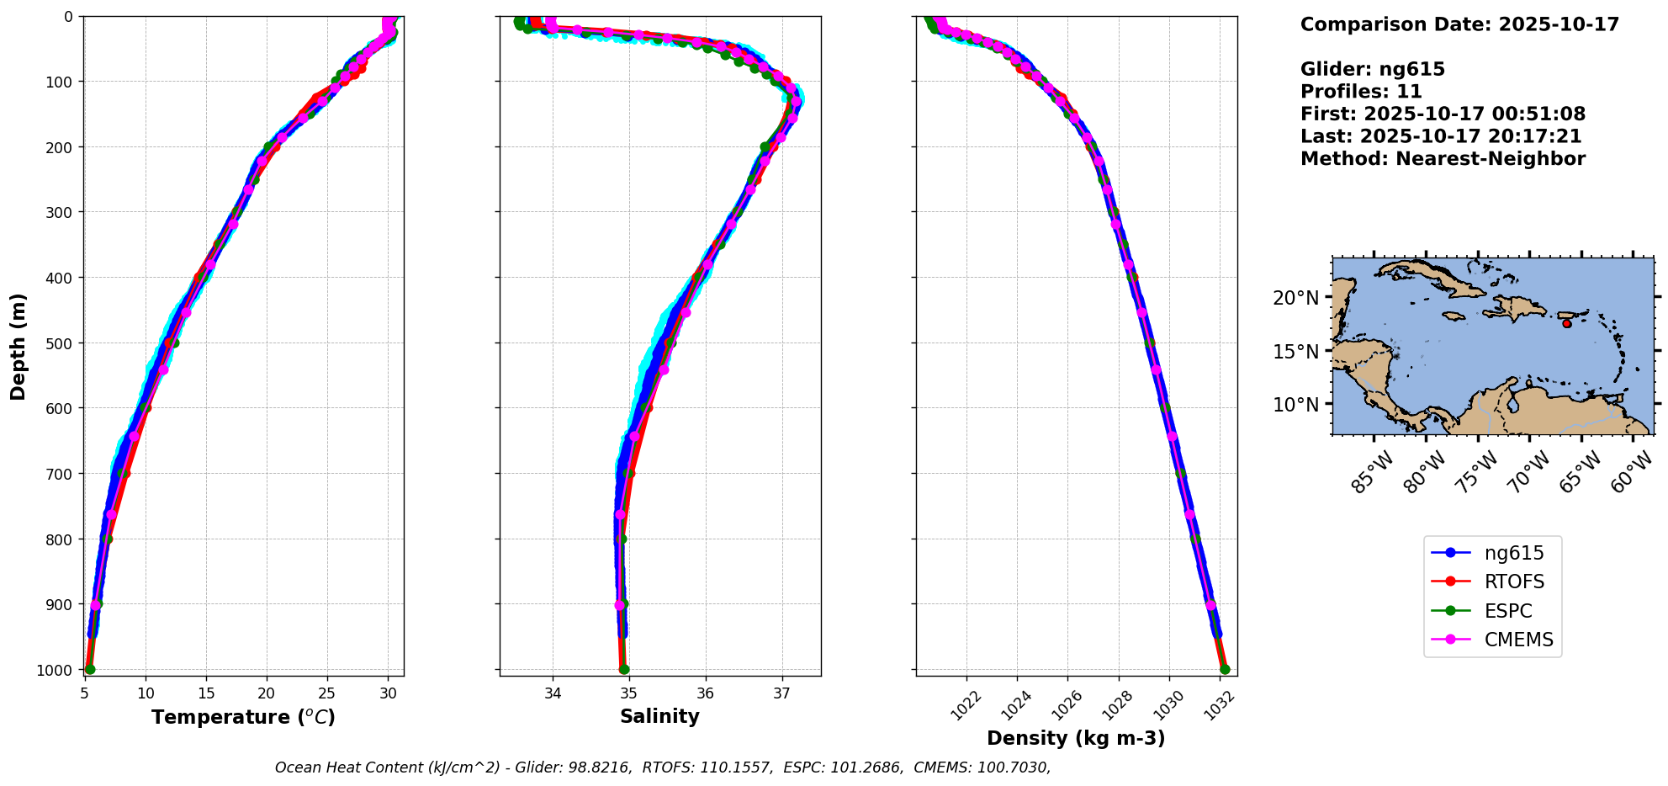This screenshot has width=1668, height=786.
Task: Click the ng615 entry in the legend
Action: point(1513,553)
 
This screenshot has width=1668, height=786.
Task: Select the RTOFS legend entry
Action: point(1513,582)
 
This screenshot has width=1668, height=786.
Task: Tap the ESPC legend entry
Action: point(1507,611)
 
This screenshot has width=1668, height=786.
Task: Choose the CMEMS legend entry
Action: point(1518,640)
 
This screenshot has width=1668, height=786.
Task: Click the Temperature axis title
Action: point(243,717)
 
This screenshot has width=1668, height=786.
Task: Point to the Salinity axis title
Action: point(659,717)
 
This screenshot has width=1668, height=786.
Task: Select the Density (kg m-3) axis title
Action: point(1076,739)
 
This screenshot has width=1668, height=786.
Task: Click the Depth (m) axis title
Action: point(19,346)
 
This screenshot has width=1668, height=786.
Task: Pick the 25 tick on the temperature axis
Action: point(327,693)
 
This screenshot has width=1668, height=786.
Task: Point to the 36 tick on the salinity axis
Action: point(705,693)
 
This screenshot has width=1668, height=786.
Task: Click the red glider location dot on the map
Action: point(1566,323)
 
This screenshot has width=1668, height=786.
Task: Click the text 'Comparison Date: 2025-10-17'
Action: point(1459,24)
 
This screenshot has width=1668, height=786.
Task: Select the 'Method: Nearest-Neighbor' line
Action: point(1443,159)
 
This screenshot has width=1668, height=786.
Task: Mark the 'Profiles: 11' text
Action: point(1361,92)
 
